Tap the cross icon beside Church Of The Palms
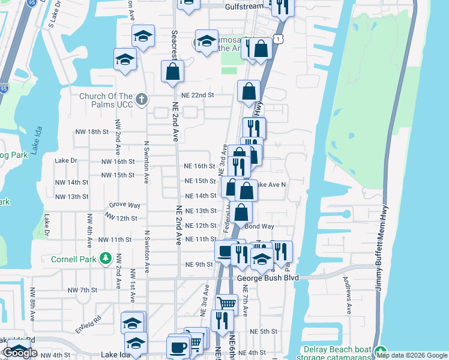tap(142, 99)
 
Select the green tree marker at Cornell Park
tap(106, 257)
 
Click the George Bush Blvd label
tap(268, 278)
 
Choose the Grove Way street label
tap(125, 205)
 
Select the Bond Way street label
tap(259, 226)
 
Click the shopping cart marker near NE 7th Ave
tap(226, 303)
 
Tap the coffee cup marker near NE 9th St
tap(226, 251)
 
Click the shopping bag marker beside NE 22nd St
tap(249, 92)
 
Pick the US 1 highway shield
tap(278, 38)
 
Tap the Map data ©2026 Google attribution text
tap(411, 355)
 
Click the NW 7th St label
tap(82, 290)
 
